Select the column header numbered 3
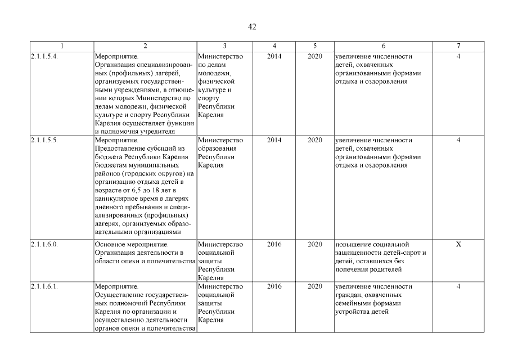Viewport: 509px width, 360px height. [224, 46]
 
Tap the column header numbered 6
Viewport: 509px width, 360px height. [383, 46]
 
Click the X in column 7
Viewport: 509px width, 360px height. [458, 245]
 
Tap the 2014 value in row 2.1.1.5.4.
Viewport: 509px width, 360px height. [274, 57]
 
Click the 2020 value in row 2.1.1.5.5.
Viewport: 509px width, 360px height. [315, 140]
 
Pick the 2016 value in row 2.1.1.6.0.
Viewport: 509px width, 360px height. [274, 245]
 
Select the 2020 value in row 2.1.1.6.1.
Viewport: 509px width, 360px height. [315, 287]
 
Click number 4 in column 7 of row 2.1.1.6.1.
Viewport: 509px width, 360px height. [458, 287]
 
